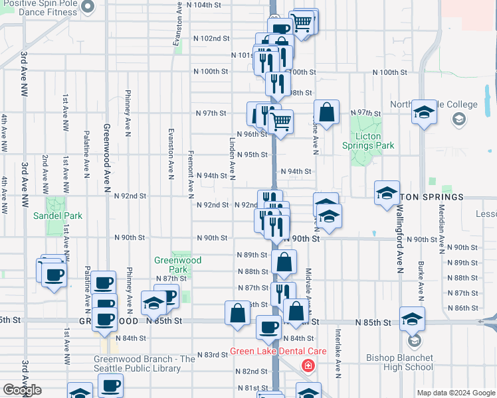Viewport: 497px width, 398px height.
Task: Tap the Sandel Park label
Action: pyautogui.click(x=58, y=216)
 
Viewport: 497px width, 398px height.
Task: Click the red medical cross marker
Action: pyautogui.click(x=308, y=365)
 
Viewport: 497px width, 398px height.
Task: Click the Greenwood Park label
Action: pyautogui.click(x=177, y=265)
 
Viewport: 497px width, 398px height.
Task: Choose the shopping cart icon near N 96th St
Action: pyautogui.click(x=281, y=121)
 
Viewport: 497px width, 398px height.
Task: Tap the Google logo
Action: pyautogui.click(x=22, y=390)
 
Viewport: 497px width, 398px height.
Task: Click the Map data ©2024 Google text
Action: pyautogui.click(x=456, y=393)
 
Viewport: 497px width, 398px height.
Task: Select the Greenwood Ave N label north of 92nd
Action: pyautogui.click(x=106, y=156)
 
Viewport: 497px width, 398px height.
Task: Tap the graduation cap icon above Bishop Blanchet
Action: pyautogui.click(x=412, y=319)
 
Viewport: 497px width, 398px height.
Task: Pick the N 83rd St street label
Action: pyautogui.click(x=212, y=355)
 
